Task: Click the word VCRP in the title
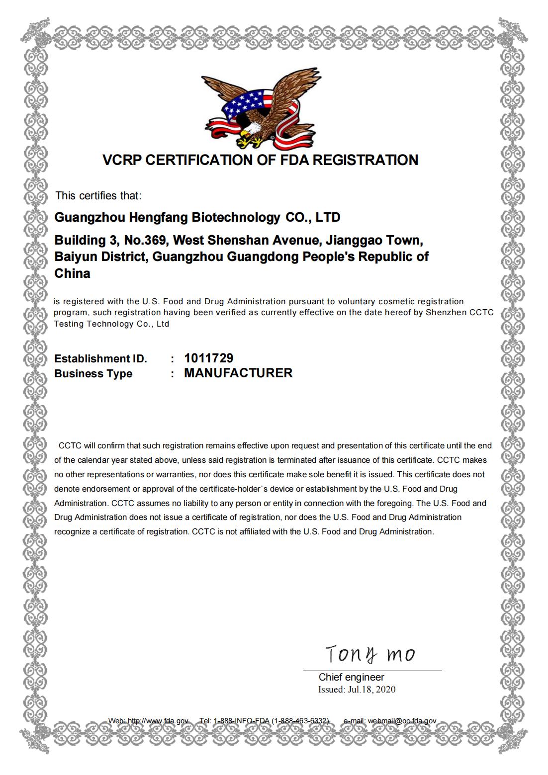pos(122,160)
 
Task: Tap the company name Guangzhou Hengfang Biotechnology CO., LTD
pos(197,218)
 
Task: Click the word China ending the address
pos(72,273)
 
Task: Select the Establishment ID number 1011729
pos(208,358)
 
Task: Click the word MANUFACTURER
pos(238,373)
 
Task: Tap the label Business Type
pos(93,374)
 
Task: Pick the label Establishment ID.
pos(100,359)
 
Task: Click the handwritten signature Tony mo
pos(370,655)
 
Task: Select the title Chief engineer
pos(351,677)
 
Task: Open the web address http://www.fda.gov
pos(158,721)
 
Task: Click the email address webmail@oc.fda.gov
pos(402,721)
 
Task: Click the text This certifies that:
pos(98,196)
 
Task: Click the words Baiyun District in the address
pos(100,257)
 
